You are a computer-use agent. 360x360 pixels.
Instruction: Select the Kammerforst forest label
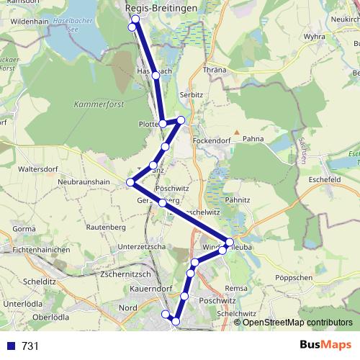99,104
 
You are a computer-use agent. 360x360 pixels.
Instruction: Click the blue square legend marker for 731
11,346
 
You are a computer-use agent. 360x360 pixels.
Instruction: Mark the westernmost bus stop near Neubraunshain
130,182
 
